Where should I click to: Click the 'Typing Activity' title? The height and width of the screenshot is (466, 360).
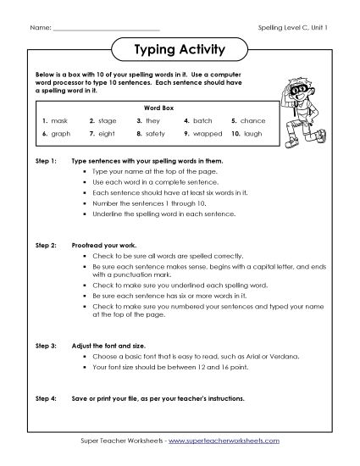(x=180, y=49)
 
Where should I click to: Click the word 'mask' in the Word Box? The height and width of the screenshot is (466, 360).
(x=60, y=121)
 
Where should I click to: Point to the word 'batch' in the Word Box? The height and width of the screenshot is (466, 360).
(x=202, y=121)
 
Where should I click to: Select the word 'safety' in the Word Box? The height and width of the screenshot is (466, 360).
(x=155, y=133)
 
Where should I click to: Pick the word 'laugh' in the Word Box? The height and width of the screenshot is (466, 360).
(x=257, y=133)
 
